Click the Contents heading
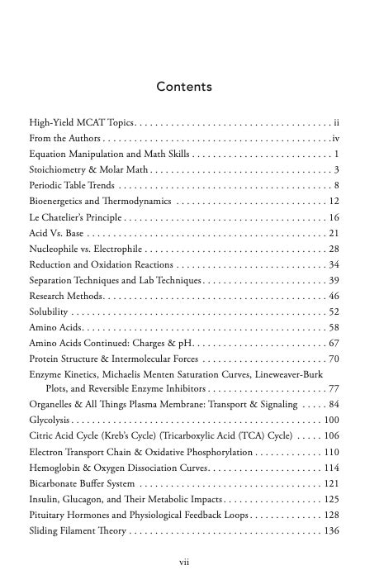[184, 87]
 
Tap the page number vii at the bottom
[185, 561]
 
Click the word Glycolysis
[50, 421]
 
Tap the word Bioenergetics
[60, 202]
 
